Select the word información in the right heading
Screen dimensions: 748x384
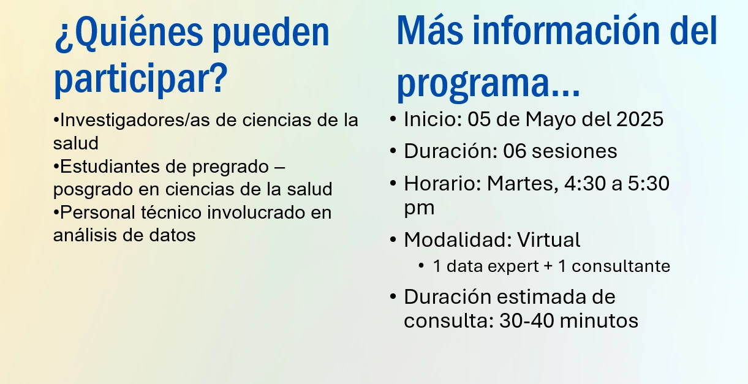coord(566,30)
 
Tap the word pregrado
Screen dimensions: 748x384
coord(230,167)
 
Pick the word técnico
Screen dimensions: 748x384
coord(172,213)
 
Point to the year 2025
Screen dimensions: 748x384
coord(640,119)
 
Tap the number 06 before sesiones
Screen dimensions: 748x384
coord(515,151)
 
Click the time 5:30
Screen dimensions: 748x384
coord(649,184)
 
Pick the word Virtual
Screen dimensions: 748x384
coord(549,239)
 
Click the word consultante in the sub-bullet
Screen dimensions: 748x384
coord(621,266)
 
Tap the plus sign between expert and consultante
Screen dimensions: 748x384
coord(548,267)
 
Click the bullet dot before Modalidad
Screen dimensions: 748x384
coord(393,239)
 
